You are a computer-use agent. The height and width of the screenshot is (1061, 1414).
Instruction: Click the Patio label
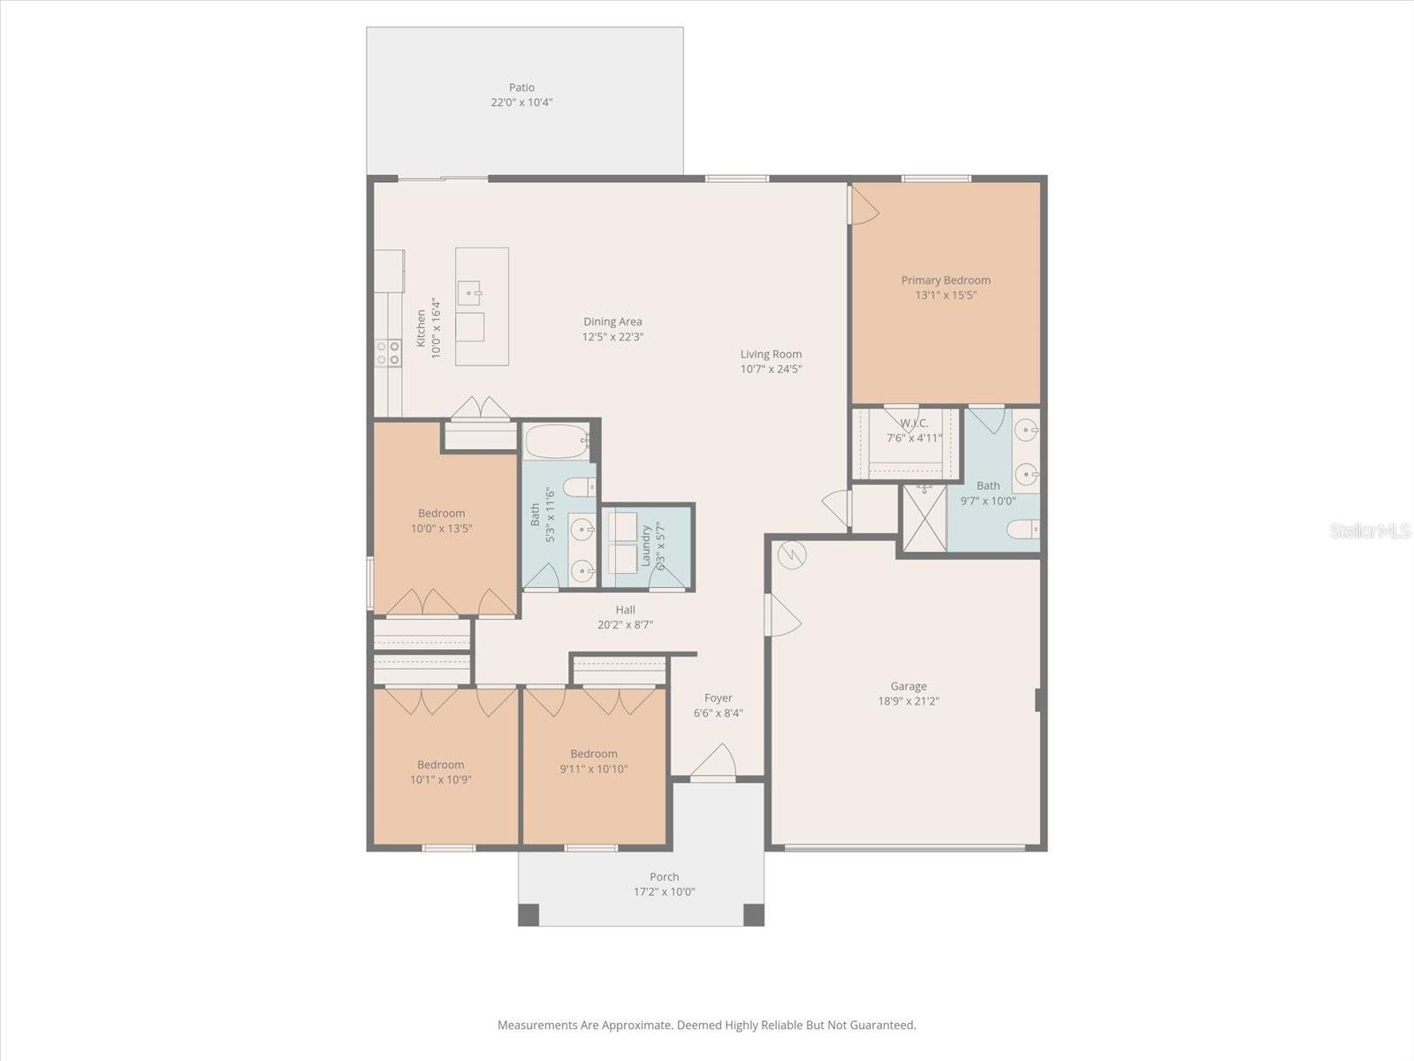coord(521,88)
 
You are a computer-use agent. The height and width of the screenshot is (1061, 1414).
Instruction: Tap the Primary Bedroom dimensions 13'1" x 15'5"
coord(946,295)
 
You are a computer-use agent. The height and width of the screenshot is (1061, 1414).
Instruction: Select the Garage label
coord(908,686)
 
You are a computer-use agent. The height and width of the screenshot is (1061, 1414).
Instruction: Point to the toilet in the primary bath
coord(1023,529)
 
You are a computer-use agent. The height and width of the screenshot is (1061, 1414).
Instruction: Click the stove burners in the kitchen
coord(388,353)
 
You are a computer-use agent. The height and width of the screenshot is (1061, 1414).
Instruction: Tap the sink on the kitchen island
coord(469,291)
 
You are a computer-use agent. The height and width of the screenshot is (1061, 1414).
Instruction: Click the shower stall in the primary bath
coord(924,518)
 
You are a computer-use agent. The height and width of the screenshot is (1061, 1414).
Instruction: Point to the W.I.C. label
coord(914,424)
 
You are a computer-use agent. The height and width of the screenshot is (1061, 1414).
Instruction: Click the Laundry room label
coord(646,546)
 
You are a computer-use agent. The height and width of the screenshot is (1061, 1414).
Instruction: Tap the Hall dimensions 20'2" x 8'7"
coord(625,624)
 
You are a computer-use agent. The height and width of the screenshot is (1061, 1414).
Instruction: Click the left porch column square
coord(528,914)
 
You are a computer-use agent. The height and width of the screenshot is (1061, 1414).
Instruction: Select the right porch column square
coord(753,914)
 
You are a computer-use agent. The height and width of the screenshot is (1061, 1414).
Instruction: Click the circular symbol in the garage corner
coord(792,555)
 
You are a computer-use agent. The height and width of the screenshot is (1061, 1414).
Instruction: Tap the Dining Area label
coord(612,322)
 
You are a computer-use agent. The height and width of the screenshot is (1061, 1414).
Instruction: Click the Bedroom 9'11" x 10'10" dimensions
coord(594,769)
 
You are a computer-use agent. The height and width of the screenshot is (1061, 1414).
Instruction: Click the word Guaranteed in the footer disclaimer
coord(882,1026)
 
